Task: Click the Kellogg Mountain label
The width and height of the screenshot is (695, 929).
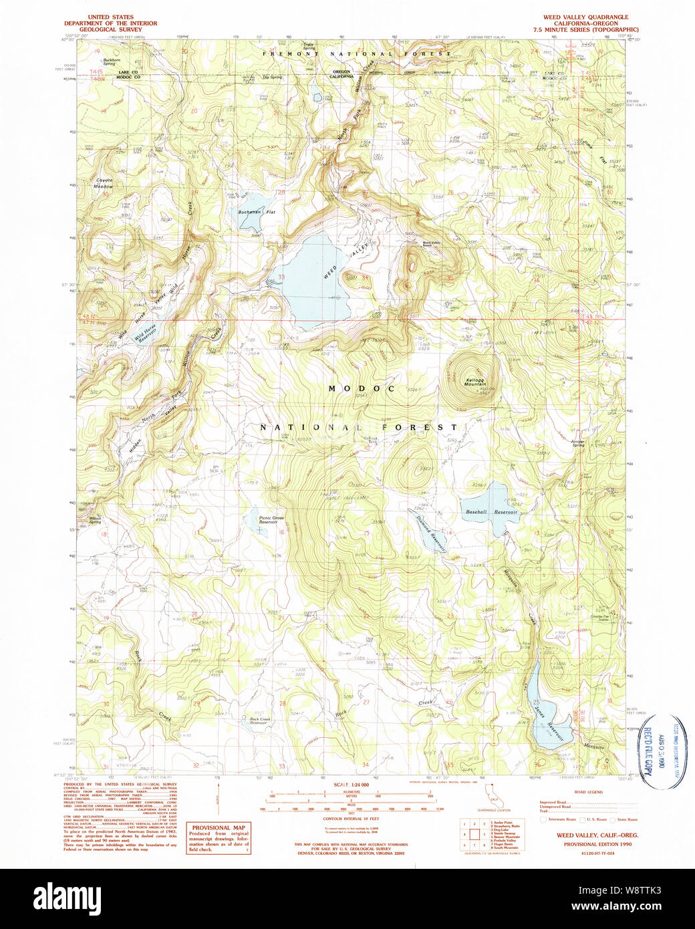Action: click(475, 382)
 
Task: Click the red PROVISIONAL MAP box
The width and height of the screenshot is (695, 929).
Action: click(219, 837)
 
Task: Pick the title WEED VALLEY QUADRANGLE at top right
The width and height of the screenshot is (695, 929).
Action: click(585, 17)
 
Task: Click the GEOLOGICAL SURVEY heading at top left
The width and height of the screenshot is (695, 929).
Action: click(106, 29)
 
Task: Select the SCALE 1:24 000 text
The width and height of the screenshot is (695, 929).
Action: click(351, 784)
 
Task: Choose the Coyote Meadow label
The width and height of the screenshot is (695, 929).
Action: click(104, 183)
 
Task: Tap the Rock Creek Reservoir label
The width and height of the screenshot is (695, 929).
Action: click(260, 720)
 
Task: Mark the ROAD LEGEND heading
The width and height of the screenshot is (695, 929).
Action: click(588, 792)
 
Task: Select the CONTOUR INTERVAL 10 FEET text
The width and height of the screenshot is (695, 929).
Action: click(351, 819)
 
